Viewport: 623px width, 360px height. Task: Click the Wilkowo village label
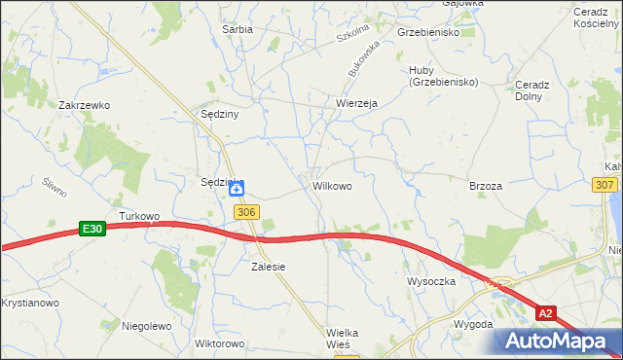click(x=332, y=184)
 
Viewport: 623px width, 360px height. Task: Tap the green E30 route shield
click(x=92, y=229)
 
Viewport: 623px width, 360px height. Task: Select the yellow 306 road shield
click(x=246, y=212)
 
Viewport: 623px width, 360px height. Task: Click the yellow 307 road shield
click(x=604, y=185)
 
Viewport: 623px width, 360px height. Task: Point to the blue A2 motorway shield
click(x=546, y=313)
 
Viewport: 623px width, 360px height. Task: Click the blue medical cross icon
click(x=237, y=188)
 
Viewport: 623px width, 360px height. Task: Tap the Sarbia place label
click(x=238, y=29)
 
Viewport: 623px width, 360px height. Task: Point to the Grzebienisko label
click(x=428, y=32)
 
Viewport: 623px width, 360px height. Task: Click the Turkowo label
click(x=138, y=215)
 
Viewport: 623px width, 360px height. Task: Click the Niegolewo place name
click(x=147, y=326)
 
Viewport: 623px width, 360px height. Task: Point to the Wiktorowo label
click(x=219, y=344)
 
